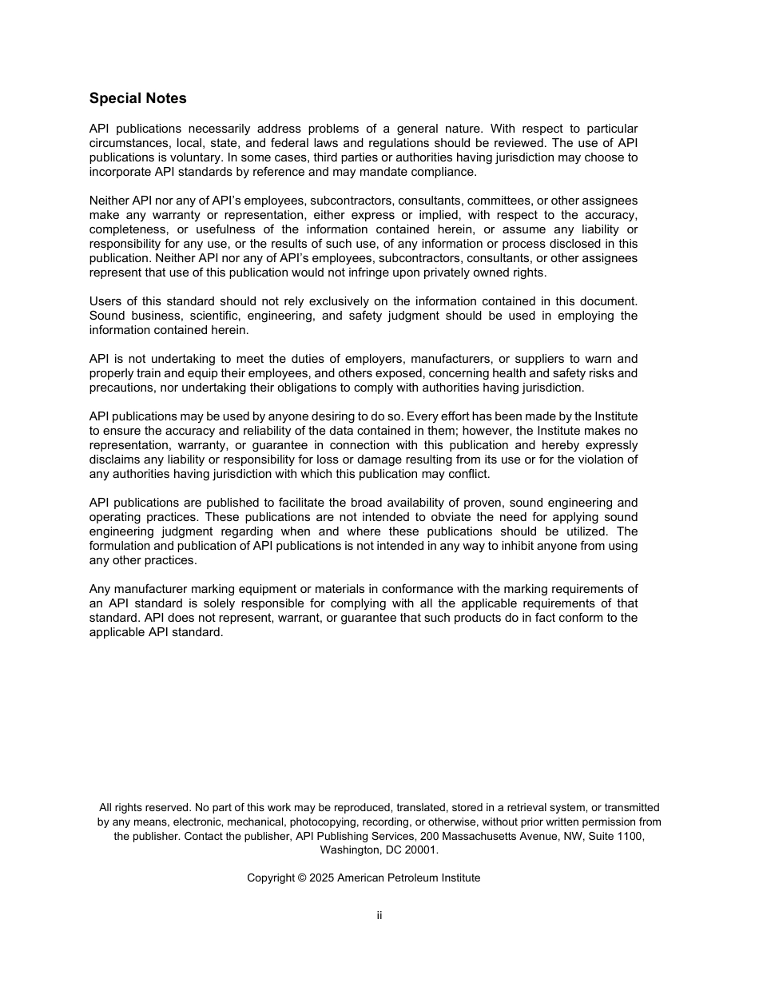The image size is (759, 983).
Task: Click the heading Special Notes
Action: click(137, 98)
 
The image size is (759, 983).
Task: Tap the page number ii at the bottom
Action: click(379, 915)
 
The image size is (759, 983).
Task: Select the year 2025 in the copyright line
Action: click(321, 878)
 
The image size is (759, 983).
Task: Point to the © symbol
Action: click(302, 878)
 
